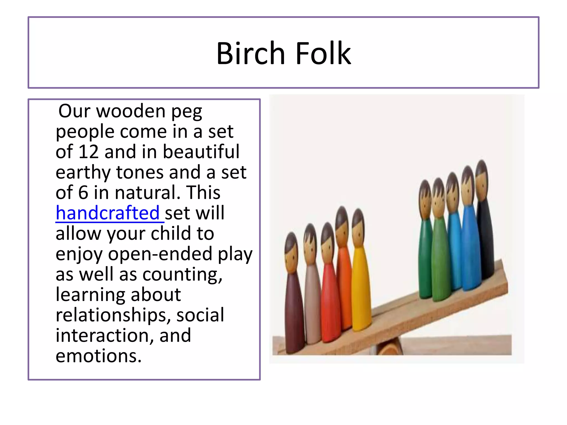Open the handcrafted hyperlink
[108, 213]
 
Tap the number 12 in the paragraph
[88, 152]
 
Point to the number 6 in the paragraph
[83, 193]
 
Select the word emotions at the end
[98, 356]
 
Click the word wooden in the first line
[131, 111]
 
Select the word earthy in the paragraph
[83, 172]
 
